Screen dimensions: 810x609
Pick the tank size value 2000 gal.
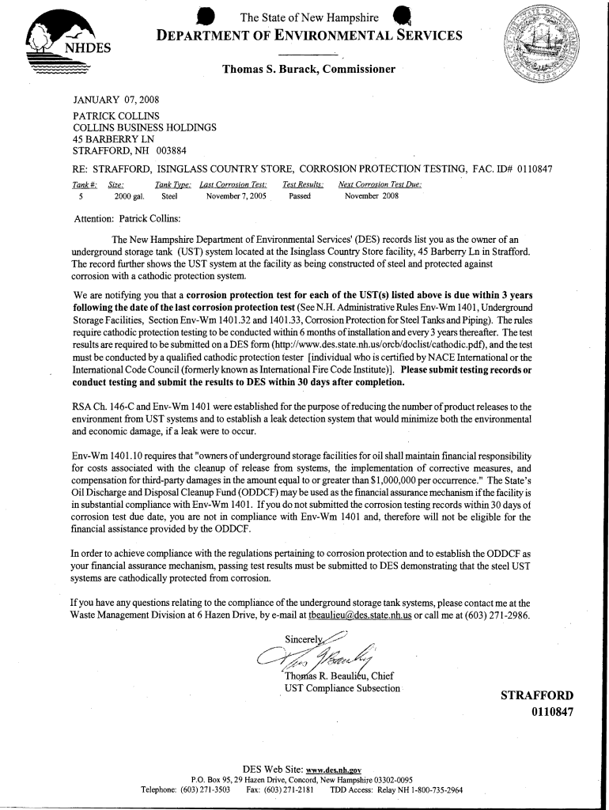click(x=129, y=195)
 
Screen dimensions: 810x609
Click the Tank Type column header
click(x=173, y=184)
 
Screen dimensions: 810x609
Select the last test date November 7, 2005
click(x=236, y=195)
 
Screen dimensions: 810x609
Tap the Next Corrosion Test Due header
click(x=380, y=184)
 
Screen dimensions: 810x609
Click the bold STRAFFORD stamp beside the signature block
click(x=536, y=696)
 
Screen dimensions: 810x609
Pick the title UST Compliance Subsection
click(x=342, y=688)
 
